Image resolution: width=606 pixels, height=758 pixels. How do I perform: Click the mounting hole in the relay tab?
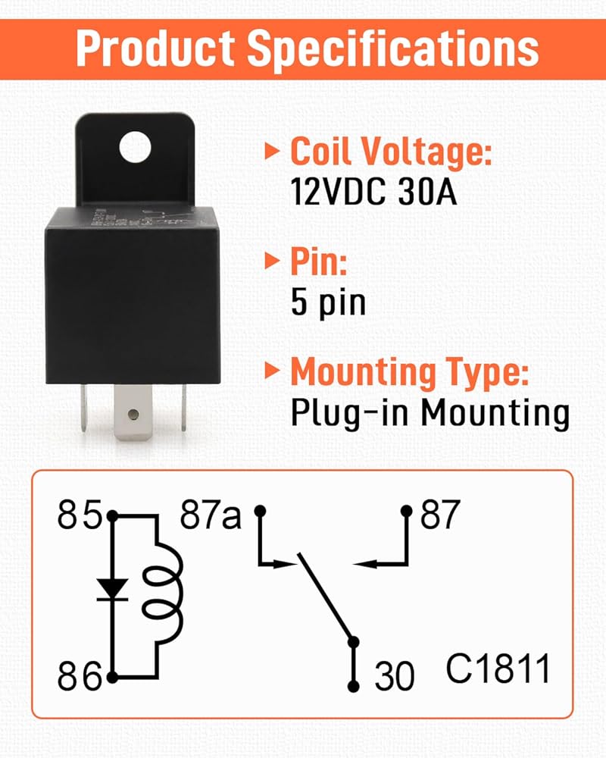click(x=136, y=146)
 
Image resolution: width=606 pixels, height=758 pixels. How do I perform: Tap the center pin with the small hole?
click(x=133, y=413)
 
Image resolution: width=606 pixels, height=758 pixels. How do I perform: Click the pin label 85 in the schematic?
click(x=80, y=516)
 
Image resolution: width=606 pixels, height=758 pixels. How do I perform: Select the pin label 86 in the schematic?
click(x=80, y=675)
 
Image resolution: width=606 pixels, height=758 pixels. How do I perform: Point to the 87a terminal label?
click(x=210, y=516)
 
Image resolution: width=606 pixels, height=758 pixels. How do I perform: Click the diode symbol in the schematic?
click(x=113, y=589)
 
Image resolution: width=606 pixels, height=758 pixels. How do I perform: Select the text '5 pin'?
click(x=328, y=302)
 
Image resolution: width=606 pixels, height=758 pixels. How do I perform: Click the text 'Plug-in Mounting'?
click(x=430, y=413)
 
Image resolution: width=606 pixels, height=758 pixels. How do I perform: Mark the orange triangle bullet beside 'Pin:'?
click(x=271, y=262)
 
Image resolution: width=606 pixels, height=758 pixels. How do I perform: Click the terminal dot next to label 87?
click(x=407, y=511)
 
